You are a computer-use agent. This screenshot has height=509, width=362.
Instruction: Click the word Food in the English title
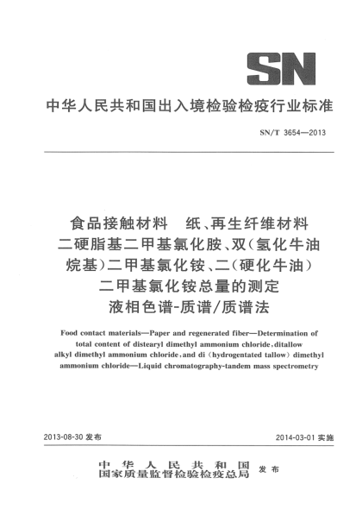click(x=73, y=331)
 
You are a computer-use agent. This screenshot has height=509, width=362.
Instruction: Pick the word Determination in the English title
click(x=276, y=331)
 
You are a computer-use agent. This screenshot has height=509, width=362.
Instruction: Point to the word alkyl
click(x=66, y=354)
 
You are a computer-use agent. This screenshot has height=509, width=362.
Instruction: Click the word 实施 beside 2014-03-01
click(x=325, y=437)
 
